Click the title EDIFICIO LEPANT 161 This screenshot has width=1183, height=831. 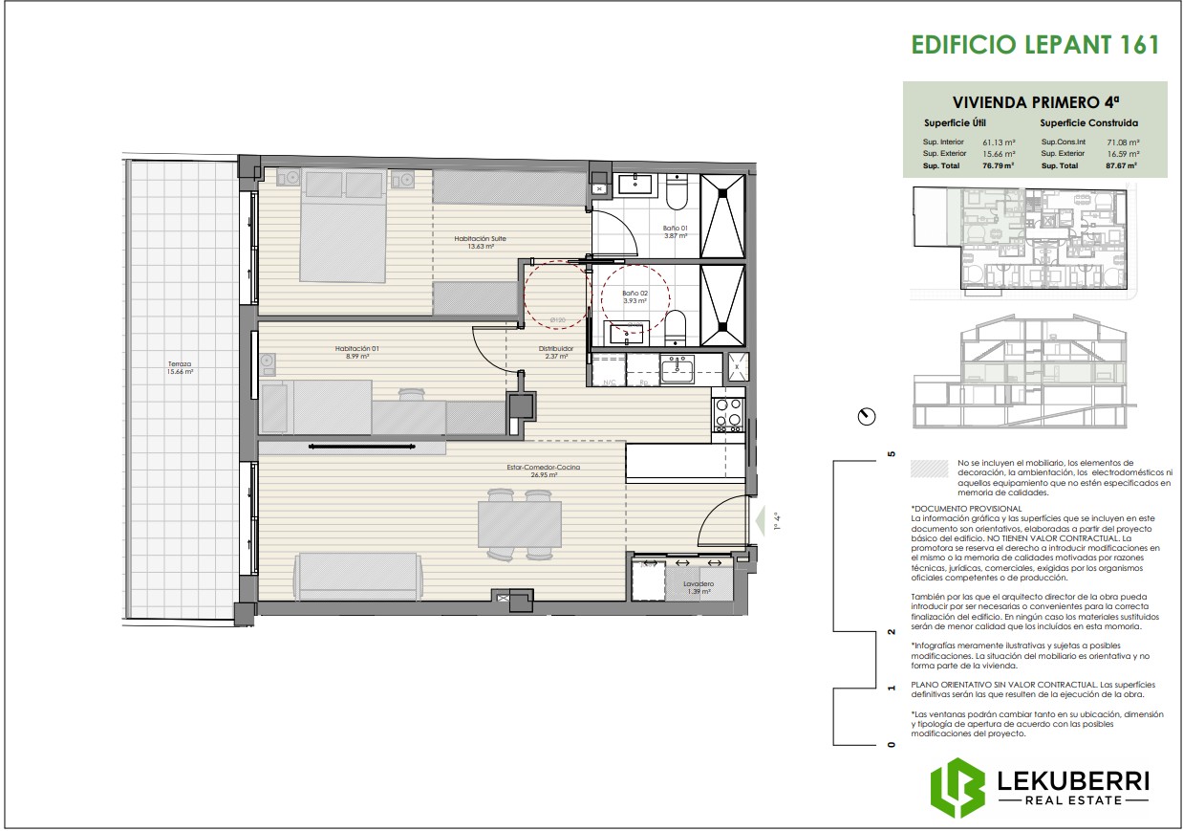pyautogui.click(x=1035, y=45)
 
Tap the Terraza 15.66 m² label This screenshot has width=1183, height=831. pyautogui.click(x=180, y=367)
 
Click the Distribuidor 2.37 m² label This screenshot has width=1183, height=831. pyautogui.click(x=555, y=352)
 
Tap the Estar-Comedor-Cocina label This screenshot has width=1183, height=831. pyautogui.click(x=544, y=470)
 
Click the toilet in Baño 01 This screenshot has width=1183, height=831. pyautogui.click(x=676, y=195)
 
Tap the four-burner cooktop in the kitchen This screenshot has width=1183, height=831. pyautogui.click(x=728, y=412)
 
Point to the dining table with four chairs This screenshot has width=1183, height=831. pyautogui.click(x=520, y=525)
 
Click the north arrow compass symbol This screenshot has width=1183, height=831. pyautogui.click(x=867, y=417)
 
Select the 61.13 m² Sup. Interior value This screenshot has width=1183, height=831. pyautogui.click(x=999, y=142)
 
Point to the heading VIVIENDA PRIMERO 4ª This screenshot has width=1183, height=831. pyautogui.click(x=1035, y=101)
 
